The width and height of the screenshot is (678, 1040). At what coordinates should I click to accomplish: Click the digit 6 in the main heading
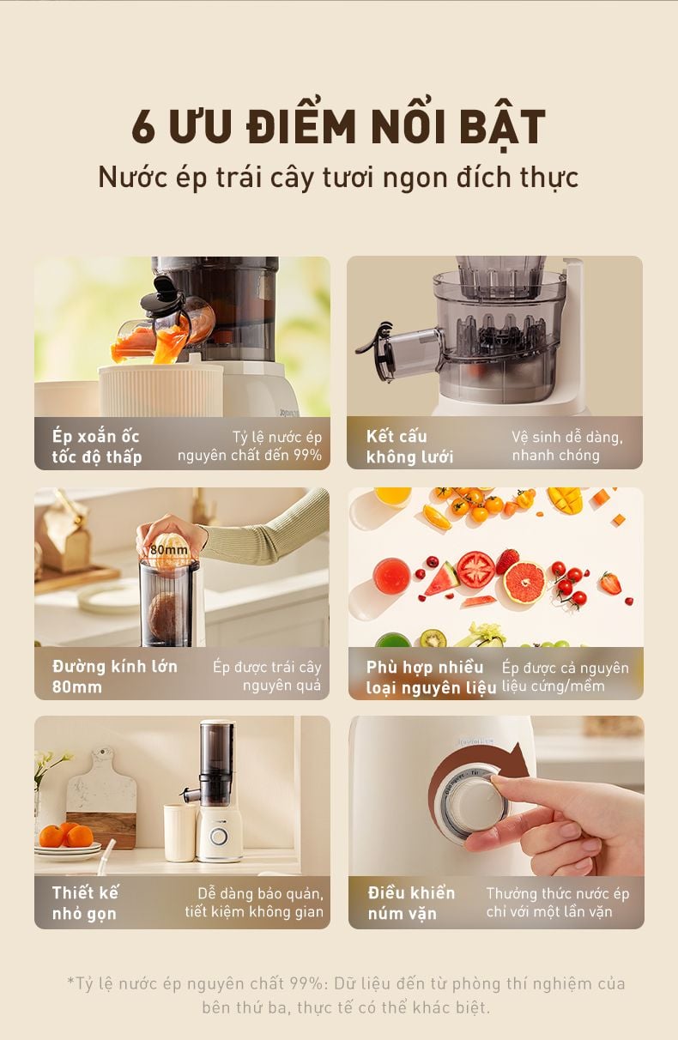click(143, 125)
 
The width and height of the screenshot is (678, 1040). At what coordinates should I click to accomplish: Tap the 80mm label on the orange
click(169, 550)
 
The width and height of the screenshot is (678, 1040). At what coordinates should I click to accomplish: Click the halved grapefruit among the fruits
click(524, 581)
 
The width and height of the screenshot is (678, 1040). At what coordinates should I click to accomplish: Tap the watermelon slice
click(442, 579)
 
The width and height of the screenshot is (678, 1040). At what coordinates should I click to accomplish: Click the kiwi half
click(433, 638)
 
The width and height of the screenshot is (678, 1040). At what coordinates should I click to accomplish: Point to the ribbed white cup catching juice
click(160, 389)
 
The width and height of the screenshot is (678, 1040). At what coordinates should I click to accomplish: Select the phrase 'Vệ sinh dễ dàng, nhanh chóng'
click(567, 445)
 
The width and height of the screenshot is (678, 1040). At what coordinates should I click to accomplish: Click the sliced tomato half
click(475, 569)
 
